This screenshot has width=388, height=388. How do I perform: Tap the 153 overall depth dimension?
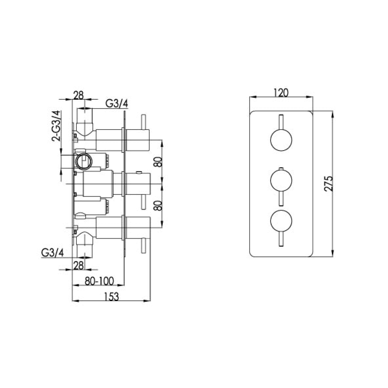pos(111,296)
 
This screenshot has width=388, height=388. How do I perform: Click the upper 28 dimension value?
pos(79,95)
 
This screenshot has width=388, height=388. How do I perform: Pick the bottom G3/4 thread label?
pos(52,253)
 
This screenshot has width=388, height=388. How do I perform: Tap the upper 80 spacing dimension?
pos(158,161)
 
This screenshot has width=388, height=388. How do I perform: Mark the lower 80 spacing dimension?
pos(158,204)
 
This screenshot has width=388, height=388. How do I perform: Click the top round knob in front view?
pos(281,140)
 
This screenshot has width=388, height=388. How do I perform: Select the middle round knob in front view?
pos(281,181)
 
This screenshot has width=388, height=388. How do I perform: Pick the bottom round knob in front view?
pos(281,222)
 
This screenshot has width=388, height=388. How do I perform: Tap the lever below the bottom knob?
pos(281,239)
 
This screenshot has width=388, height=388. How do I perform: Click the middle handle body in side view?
pos(98,183)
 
